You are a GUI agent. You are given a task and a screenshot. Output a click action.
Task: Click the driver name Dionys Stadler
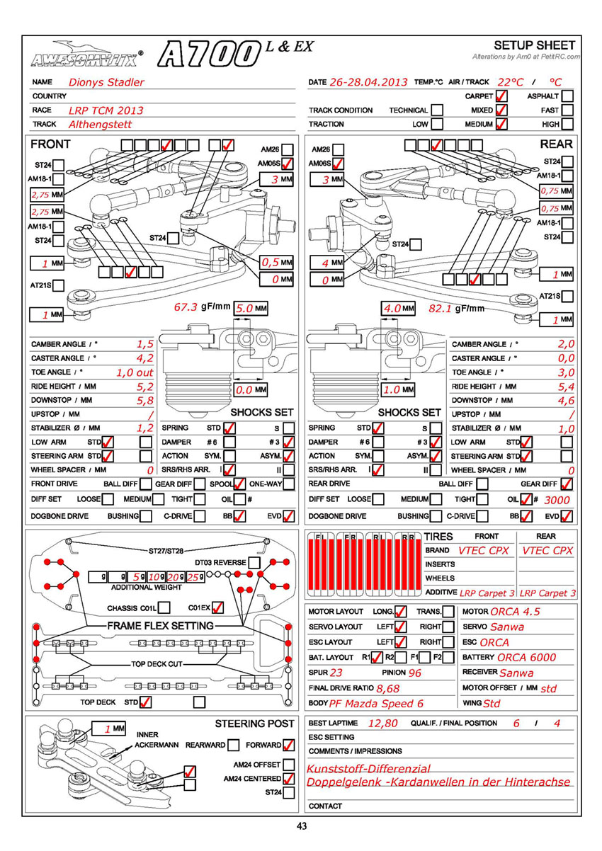click(x=106, y=82)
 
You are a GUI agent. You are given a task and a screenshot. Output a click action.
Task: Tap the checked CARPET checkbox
click(x=501, y=96)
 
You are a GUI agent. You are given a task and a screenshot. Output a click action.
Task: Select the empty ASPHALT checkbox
click(x=567, y=96)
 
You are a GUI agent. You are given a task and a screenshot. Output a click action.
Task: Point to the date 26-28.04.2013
click(x=368, y=82)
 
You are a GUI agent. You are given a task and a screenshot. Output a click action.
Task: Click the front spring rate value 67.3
click(x=186, y=308)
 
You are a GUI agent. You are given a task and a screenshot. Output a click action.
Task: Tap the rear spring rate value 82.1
click(x=441, y=309)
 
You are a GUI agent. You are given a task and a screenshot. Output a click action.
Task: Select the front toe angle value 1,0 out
click(x=135, y=372)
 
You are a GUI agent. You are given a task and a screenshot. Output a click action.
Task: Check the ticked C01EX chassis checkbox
click(x=217, y=607)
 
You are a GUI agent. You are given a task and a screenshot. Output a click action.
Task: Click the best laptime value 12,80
click(x=383, y=724)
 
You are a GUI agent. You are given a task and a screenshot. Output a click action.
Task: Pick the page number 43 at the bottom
click(x=302, y=826)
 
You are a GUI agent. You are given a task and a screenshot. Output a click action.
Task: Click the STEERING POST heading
click(x=254, y=724)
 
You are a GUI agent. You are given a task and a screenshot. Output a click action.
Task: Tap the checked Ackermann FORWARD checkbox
click(x=288, y=746)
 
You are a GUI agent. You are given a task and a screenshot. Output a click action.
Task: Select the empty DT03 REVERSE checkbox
click(x=254, y=563)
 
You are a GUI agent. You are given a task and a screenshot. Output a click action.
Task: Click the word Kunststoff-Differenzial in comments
click(x=368, y=769)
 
